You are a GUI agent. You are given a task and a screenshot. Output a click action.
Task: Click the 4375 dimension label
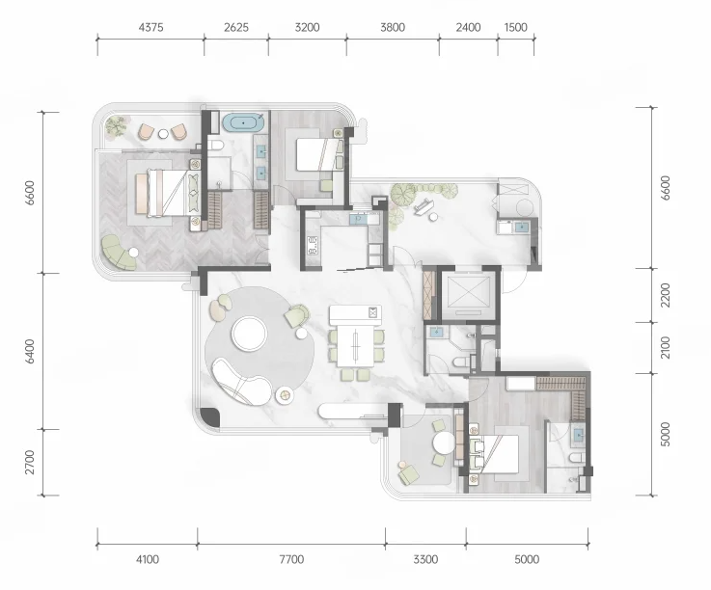pos(150,28)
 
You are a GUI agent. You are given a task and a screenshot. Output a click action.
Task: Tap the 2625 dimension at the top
pos(236,28)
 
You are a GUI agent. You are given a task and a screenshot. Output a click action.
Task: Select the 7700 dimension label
pos(291,560)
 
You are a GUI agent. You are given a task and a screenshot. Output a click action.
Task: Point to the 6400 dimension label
pos(30,351)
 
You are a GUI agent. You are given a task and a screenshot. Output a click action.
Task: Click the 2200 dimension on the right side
pos(666,295)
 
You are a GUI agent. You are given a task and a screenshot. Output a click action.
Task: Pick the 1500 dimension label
pos(515,28)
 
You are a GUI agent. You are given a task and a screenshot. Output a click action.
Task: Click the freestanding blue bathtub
pos(243,122)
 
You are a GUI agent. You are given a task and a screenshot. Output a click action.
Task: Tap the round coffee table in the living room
pos(249,334)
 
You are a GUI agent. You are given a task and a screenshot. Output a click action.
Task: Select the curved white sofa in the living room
pos(242,382)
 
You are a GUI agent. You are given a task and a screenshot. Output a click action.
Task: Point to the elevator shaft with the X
pos(469,292)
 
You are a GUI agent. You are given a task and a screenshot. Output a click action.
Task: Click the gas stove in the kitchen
pos(313,246)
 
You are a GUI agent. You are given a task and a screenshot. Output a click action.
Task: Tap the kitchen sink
pos(358,220)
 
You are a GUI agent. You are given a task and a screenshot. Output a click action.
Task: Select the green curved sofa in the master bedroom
pos(118,253)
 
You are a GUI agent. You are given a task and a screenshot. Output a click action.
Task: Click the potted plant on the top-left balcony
pos(116,125)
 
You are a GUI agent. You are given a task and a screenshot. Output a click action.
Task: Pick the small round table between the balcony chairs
pos(163,134)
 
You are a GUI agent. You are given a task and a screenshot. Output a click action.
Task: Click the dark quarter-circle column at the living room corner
pos(209,416)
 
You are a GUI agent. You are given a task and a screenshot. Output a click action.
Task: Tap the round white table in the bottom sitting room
pos(443,442)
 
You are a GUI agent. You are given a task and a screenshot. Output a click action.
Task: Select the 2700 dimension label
pos(30,462)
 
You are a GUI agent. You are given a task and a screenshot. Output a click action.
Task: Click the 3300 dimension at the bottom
pos(425,560)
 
